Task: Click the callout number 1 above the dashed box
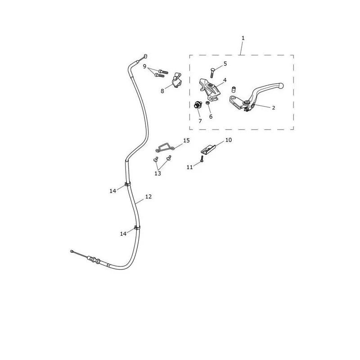[243, 38]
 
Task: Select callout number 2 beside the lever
[273, 108]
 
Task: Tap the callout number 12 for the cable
[148, 197]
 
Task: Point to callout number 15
[186, 140]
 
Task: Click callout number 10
[229, 140]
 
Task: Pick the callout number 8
[162, 91]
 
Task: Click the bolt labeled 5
[212, 73]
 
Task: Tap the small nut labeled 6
[207, 103]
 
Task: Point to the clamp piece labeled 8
[176, 81]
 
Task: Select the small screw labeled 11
[202, 159]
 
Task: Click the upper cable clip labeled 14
[128, 184]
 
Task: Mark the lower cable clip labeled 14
[137, 228]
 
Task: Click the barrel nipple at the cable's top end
[145, 56]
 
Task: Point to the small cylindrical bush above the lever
[234, 89]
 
